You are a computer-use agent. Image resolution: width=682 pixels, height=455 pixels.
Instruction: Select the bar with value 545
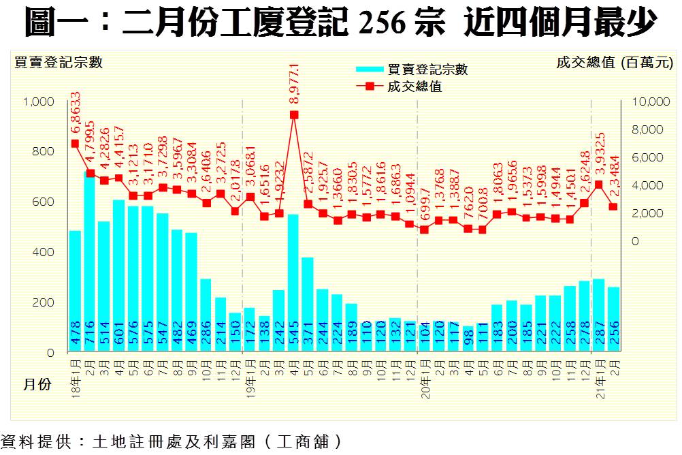pyautogui.click(x=293, y=283)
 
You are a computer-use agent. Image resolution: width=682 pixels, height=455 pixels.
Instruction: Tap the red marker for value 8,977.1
pyautogui.click(x=294, y=114)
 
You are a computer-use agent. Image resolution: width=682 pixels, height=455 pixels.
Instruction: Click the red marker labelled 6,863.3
pyautogui.click(x=75, y=144)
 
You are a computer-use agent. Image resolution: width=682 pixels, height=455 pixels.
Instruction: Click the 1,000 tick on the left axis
pyautogui.click(x=38, y=101)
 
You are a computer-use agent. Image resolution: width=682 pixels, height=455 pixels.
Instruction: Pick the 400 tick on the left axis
pyautogui.click(x=44, y=252)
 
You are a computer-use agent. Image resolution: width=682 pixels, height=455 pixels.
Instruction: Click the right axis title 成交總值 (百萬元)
pyautogui.click(x=614, y=63)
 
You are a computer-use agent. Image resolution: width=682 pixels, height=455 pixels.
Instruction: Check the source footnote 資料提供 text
pyautogui.click(x=170, y=441)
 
